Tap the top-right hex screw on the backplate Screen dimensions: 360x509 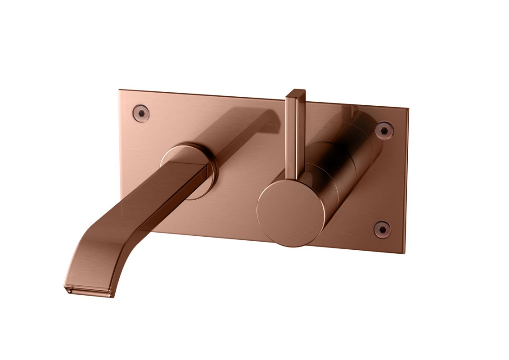[x=384, y=130]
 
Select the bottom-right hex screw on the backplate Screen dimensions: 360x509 [x=382, y=229]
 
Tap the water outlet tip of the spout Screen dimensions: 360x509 [x=88, y=291]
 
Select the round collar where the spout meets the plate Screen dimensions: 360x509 [x=189, y=170]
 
